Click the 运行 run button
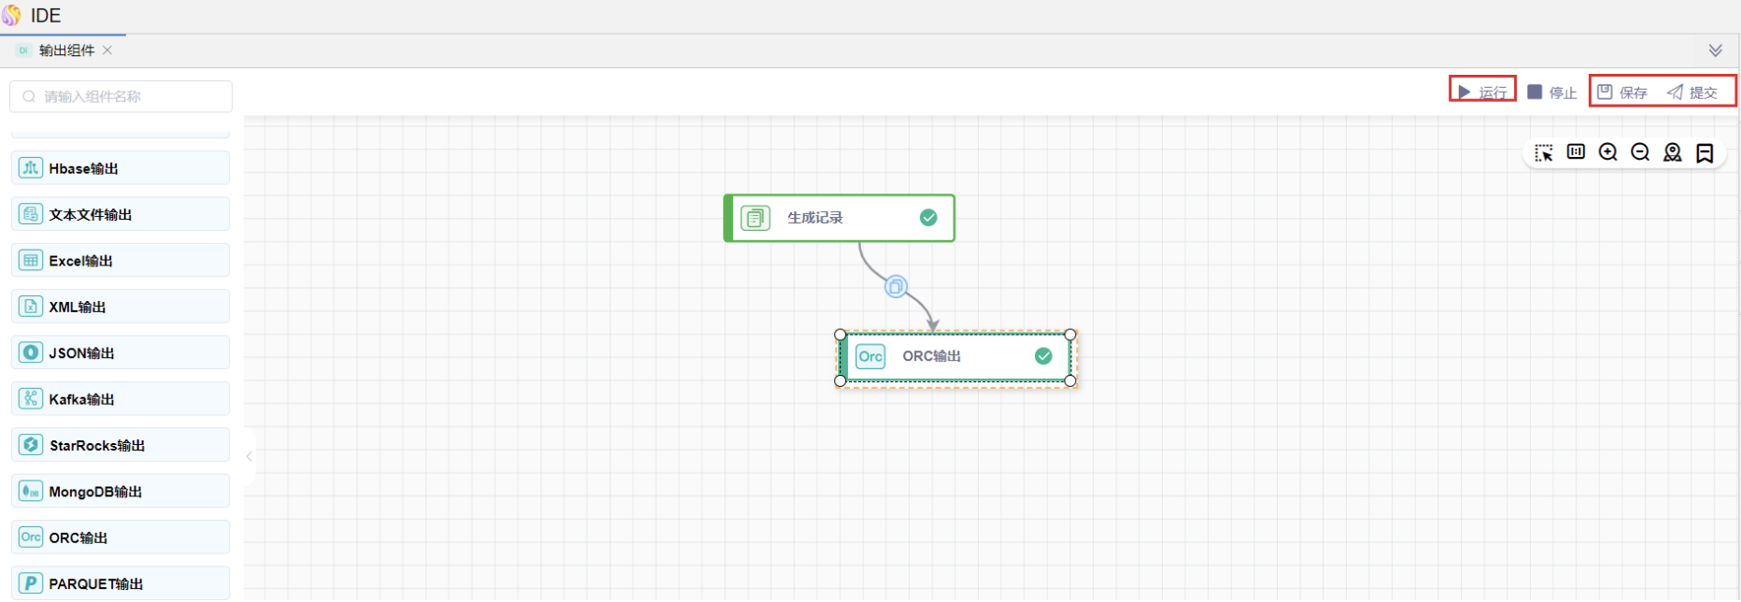1482,92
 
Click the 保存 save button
1622,92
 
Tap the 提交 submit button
1692,92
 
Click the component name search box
121,96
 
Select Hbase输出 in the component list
120,168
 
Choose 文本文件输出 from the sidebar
120,214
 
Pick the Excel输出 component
120,261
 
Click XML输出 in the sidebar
120,307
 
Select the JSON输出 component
120,352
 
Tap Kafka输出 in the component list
120,399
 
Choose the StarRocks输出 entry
120,445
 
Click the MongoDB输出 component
120,492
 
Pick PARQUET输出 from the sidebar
120,583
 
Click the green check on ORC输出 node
1043,356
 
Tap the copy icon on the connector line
896,287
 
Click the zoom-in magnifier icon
1607,152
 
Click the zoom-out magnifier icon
1640,152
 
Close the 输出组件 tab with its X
107,50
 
